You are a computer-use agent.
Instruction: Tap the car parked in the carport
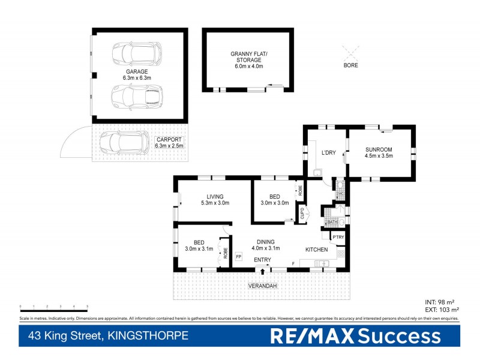(124, 143)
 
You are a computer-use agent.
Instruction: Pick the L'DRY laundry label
(329, 152)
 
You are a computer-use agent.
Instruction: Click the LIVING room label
(215, 196)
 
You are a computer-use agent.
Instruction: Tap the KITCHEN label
(316, 249)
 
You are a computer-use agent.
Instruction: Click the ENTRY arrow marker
(262, 271)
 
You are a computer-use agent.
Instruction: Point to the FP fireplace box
(238, 257)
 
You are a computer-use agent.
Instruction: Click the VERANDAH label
(262, 286)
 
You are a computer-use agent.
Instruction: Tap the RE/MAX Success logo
(355, 337)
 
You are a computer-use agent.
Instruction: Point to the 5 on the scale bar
(88, 307)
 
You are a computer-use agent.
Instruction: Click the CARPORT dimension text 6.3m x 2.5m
(169, 146)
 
